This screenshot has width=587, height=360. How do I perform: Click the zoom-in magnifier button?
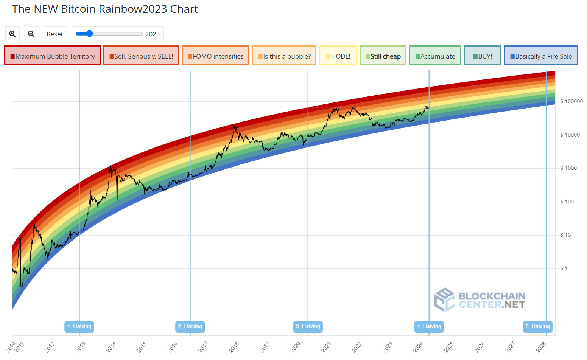[12, 34]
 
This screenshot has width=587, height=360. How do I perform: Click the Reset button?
[55, 34]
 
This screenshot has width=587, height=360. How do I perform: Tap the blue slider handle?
[89, 34]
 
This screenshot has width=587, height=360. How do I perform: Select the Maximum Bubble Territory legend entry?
[53, 56]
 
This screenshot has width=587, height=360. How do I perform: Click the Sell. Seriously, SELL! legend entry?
[141, 56]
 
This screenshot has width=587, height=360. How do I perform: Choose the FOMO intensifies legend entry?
[216, 56]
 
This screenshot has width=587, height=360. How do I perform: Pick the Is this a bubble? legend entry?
[284, 56]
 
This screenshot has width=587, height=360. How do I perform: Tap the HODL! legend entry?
[338, 56]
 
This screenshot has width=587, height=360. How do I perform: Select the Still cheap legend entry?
[383, 56]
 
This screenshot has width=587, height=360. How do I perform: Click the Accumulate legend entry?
[435, 56]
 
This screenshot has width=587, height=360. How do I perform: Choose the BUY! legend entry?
[483, 56]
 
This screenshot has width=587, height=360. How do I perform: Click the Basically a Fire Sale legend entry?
[541, 56]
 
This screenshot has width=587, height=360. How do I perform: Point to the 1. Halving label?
[79, 326]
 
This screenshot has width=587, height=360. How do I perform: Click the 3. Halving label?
[308, 326]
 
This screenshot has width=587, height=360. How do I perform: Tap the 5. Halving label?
[537, 326]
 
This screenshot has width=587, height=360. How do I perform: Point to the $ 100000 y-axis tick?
[571, 101]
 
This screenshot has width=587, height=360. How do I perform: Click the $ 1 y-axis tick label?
[564, 268]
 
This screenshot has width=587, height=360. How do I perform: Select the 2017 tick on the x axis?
[203, 347]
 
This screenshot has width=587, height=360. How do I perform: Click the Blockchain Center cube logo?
[444, 299]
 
